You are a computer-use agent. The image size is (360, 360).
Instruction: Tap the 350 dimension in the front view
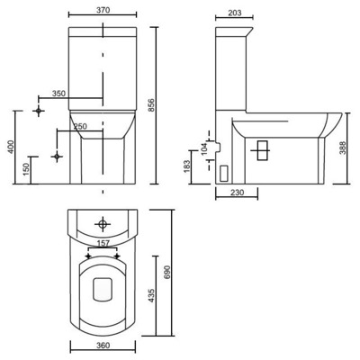pyautogui.click(x=58, y=94)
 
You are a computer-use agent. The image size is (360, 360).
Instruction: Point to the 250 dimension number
pyautogui.click(x=80, y=126)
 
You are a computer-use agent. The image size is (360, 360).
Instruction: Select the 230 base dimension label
pyautogui.click(x=236, y=192)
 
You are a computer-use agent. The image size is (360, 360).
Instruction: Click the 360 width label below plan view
pyautogui.click(x=103, y=346)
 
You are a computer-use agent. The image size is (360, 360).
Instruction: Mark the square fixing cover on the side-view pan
pyautogui.click(x=262, y=150)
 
